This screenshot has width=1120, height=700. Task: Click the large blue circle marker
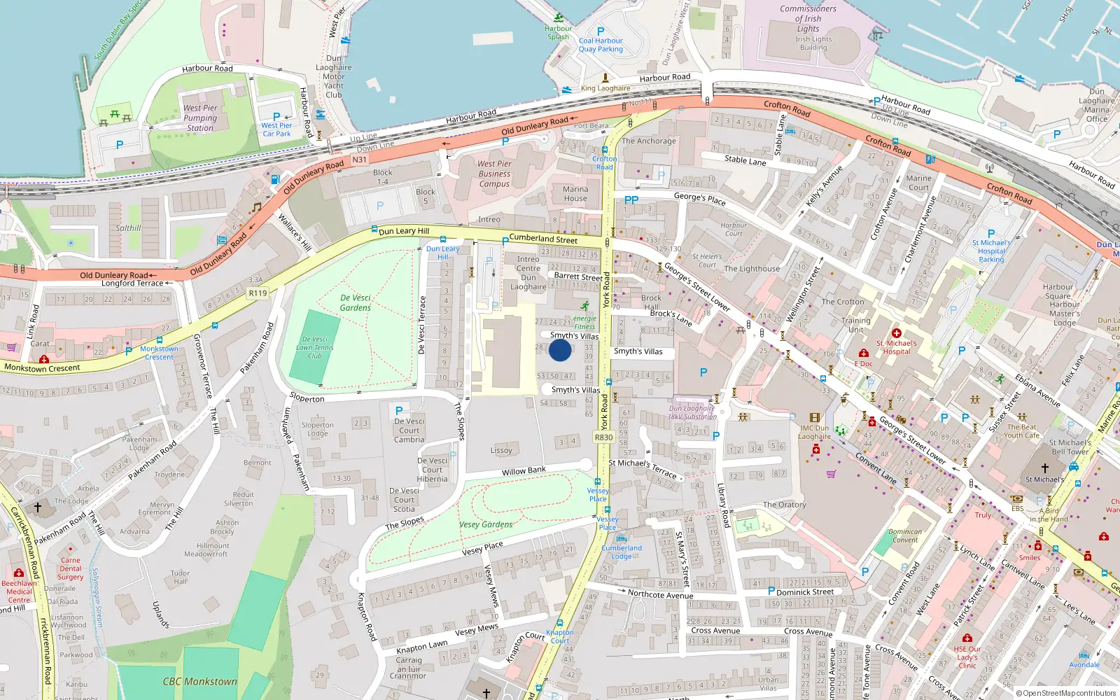click(560, 349)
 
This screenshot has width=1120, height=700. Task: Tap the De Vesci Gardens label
click(356, 302)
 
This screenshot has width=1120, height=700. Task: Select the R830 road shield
click(603, 437)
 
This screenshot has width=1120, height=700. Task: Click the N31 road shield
click(359, 160)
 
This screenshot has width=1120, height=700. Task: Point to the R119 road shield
click(258, 293)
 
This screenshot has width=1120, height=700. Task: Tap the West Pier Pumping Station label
click(200, 118)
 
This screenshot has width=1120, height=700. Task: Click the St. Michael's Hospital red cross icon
click(896, 333)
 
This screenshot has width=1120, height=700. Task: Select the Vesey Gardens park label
click(486, 524)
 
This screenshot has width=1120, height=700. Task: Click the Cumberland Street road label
click(543, 239)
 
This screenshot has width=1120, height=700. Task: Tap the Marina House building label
click(575, 194)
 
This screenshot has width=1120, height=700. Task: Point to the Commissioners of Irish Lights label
click(808, 19)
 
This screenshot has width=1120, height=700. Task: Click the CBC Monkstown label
click(199, 681)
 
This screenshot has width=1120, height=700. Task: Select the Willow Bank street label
click(524, 472)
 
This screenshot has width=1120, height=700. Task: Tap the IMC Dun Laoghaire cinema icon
click(814, 418)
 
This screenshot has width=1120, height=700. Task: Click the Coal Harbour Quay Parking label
click(601, 45)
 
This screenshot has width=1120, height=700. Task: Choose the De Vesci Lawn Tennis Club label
click(315, 347)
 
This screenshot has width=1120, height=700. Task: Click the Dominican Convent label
click(905, 535)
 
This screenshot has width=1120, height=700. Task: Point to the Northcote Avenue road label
click(660, 594)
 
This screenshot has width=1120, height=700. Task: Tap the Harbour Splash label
click(558, 32)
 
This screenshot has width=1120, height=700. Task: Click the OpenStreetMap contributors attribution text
click(1066, 693)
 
